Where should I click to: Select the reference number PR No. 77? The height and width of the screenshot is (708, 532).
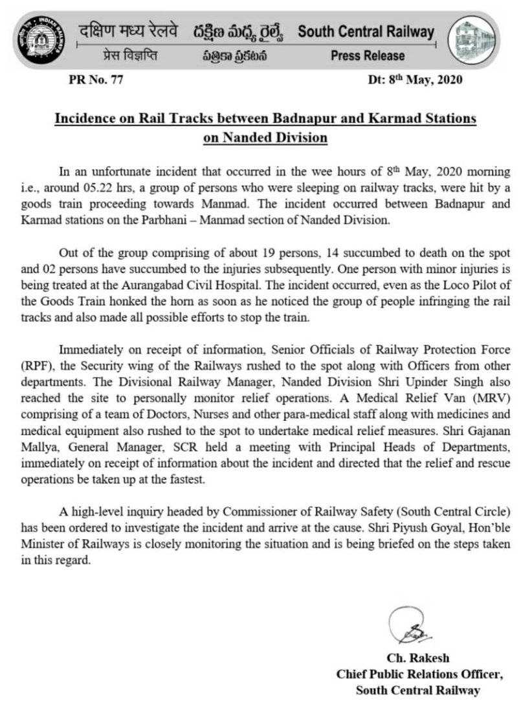[x=95, y=81]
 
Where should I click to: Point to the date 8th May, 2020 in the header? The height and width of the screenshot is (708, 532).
[x=410, y=81]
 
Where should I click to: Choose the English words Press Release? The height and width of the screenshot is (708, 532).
[x=368, y=56]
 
